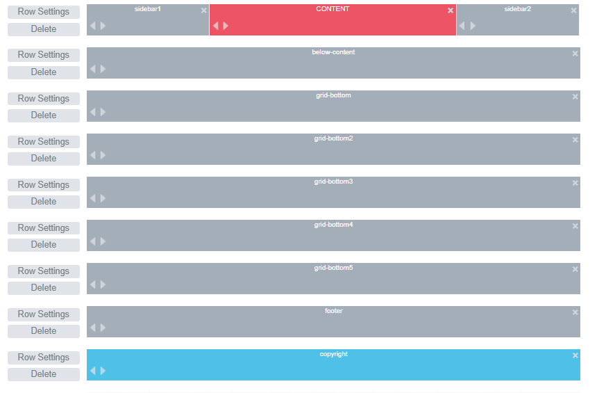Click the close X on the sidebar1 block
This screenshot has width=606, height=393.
pos(203,10)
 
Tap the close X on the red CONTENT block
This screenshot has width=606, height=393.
pos(451,10)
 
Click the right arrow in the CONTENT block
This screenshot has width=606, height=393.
pos(226,26)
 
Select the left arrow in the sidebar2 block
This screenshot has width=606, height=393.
pos(462,26)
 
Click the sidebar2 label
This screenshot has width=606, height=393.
pos(518,9)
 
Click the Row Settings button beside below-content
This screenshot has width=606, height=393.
pos(44,55)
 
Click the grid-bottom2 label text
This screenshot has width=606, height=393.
pos(333,138)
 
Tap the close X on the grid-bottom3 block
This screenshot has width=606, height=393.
pos(575,183)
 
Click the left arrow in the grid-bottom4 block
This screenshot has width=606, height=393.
pos(93,241)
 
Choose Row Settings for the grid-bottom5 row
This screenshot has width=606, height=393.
pos(44,271)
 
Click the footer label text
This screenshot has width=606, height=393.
pos(333,310)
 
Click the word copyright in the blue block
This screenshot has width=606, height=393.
pos(333,354)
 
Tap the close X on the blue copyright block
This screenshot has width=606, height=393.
pos(575,355)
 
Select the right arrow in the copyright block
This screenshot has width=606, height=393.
pos(103,371)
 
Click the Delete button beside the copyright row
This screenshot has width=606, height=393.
pos(44,374)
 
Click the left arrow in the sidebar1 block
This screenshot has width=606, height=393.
pos(93,26)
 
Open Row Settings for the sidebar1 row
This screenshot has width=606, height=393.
pos(44,12)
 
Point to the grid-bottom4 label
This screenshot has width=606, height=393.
pos(333,225)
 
